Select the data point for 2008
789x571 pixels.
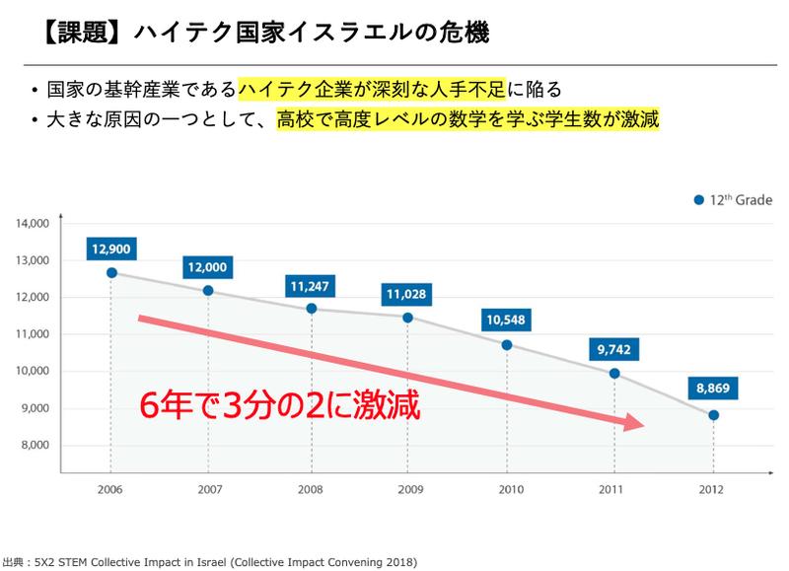coord(312,309)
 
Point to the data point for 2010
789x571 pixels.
coord(507,345)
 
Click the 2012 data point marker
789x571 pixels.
coord(713,415)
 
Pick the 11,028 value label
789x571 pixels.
coord(407,292)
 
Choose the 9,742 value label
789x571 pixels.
coord(614,348)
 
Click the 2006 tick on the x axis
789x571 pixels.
coord(110,489)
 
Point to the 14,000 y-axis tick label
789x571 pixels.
coord(33,224)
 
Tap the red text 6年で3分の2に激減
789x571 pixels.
coord(283,404)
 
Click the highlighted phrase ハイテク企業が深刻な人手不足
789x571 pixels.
coord(372,91)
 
